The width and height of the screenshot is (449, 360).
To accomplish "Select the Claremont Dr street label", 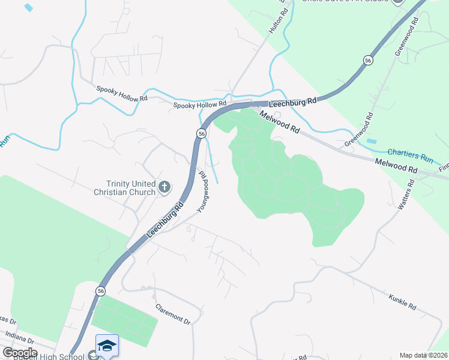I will (173, 314).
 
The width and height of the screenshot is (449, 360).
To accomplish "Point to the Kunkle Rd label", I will (402, 302).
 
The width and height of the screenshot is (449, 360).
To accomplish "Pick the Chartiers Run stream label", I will (410, 156).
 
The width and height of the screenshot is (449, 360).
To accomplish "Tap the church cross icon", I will (164, 188).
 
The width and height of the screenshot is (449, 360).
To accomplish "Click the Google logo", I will (20, 353).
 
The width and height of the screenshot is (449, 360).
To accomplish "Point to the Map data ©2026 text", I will (423, 355).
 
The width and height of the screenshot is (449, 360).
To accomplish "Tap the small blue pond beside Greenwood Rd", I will (371, 141).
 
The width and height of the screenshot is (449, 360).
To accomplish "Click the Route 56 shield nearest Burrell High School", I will (100, 291).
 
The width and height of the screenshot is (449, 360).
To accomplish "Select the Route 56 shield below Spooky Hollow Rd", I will (202, 133).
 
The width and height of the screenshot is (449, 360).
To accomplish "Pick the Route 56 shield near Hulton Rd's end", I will (367, 60).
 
